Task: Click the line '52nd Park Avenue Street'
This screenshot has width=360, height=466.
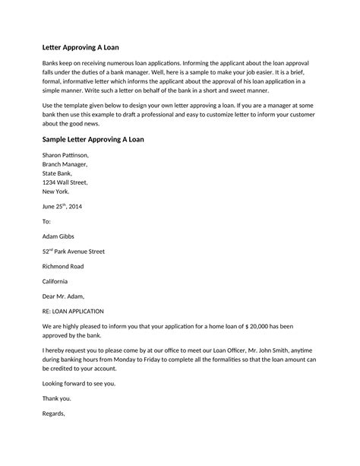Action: coord(73,251)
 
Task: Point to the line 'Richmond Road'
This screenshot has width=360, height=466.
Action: coord(64,266)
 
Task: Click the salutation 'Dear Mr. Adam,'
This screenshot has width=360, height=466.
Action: coord(64,296)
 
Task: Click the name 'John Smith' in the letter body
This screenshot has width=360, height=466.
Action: coord(274,349)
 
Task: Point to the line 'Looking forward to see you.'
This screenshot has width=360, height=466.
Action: coord(81,382)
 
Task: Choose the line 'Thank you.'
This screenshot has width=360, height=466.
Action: coord(56,398)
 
